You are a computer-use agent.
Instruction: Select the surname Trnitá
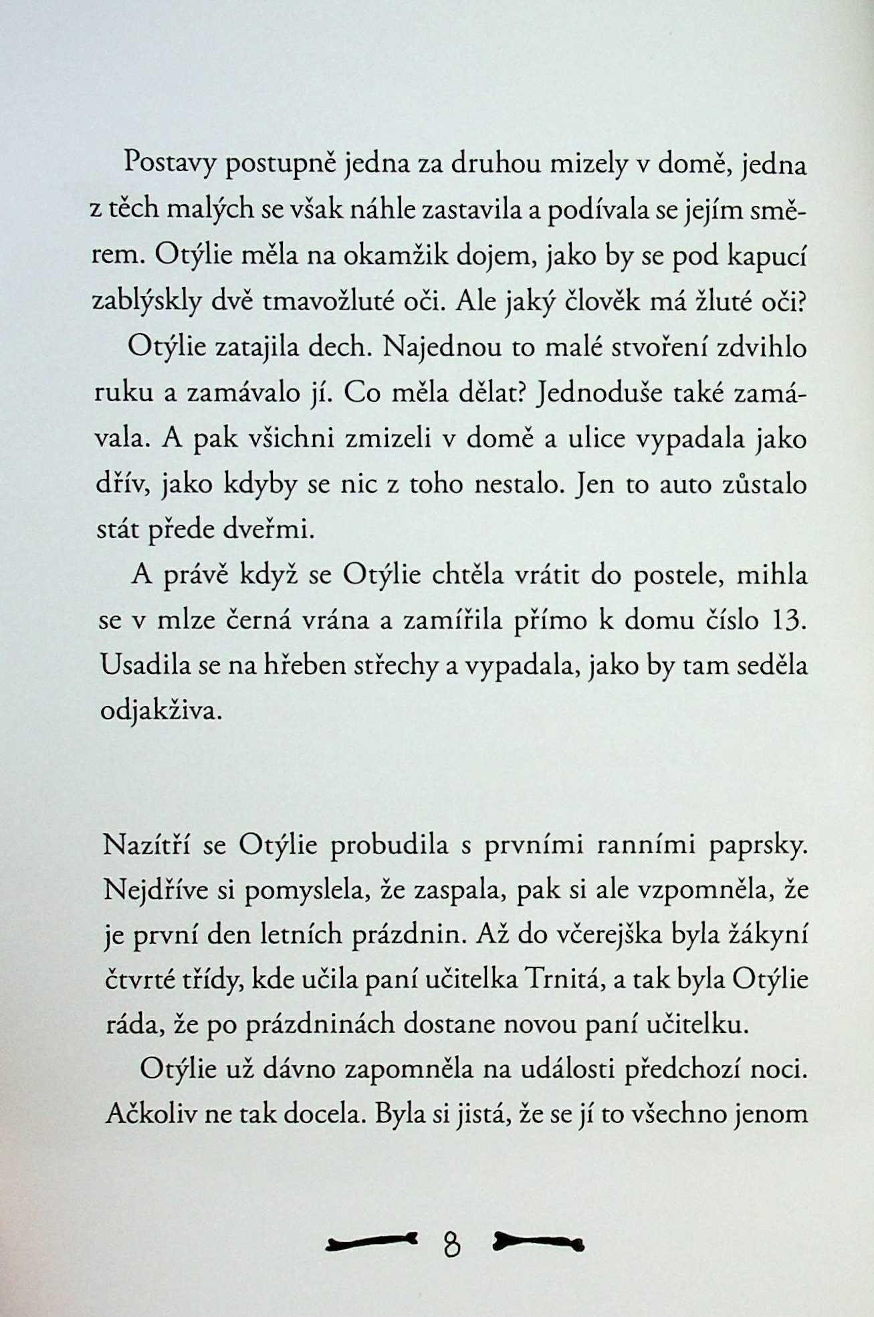click(570, 980)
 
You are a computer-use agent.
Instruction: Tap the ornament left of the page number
click(370, 1242)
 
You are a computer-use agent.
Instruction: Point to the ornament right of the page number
click(538, 1242)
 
